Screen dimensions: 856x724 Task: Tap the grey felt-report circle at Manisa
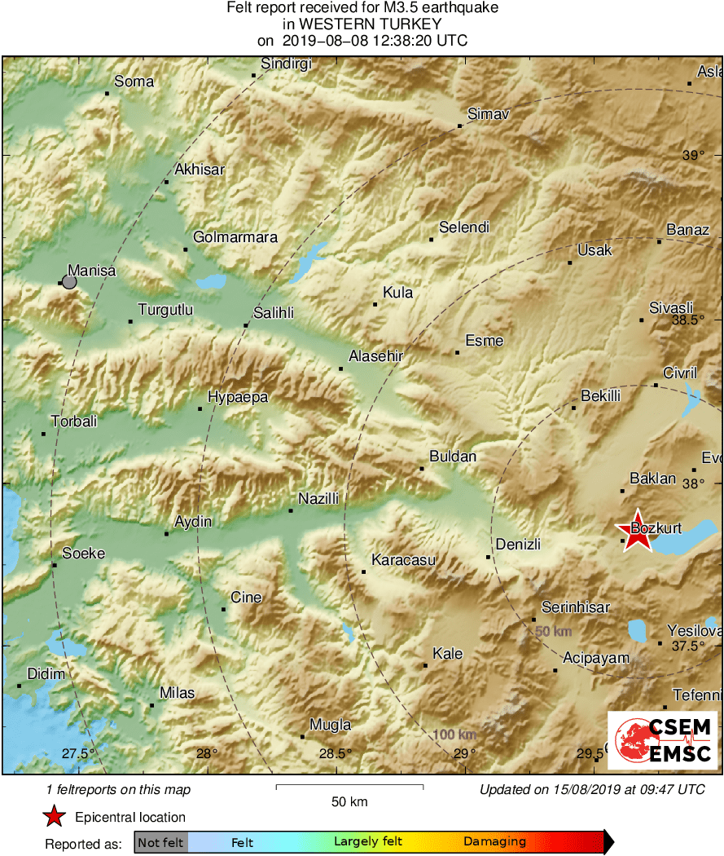pyautogui.click(x=69, y=282)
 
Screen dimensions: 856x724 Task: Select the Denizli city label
pyautogui.click(x=519, y=545)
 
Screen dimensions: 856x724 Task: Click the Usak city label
pyautogui.click(x=595, y=250)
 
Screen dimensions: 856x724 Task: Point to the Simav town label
pyautogui.click(x=489, y=115)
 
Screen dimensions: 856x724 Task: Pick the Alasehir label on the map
pyautogui.click(x=375, y=356)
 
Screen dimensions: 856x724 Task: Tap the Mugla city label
pyautogui.click(x=331, y=725)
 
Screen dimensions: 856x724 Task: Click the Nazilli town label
pyautogui.click(x=318, y=499)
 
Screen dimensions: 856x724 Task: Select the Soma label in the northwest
pyautogui.click(x=134, y=82)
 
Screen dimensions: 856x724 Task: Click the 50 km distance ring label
pyautogui.click(x=553, y=632)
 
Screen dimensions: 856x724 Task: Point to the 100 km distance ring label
pyautogui.click(x=455, y=735)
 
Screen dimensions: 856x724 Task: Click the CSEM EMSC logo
pyautogui.click(x=663, y=739)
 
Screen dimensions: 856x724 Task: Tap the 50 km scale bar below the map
pyautogui.click(x=349, y=787)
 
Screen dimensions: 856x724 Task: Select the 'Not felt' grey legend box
pyautogui.click(x=160, y=842)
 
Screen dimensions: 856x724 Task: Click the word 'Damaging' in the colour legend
pyautogui.click(x=494, y=842)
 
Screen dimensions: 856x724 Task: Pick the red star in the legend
pyautogui.click(x=54, y=816)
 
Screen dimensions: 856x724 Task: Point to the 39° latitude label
pyautogui.click(x=693, y=156)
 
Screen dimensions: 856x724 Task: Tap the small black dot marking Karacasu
pyautogui.click(x=363, y=571)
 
